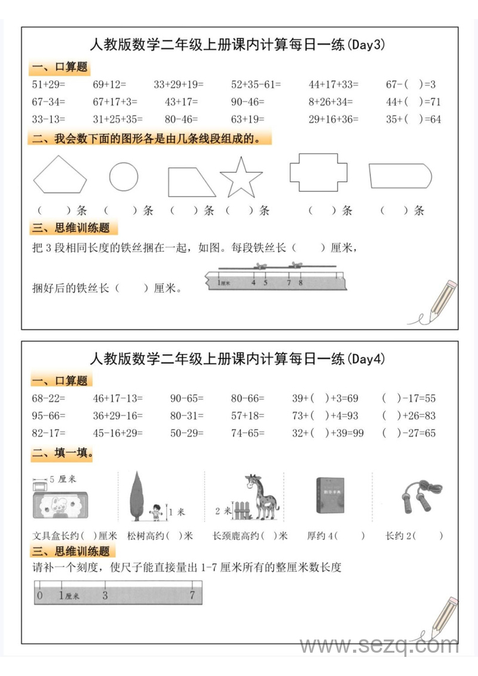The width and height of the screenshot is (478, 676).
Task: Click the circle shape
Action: pyautogui.click(x=124, y=177)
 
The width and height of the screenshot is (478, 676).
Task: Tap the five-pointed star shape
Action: pyautogui.click(x=241, y=178)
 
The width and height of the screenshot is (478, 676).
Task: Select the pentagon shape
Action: pyautogui.click(x=60, y=175)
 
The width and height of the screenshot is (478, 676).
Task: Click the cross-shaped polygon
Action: pyautogui.click(x=318, y=172)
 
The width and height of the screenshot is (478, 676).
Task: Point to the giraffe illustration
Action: pyautogui.click(x=261, y=497)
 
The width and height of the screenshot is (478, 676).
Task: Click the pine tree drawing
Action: pyautogui.click(x=137, y=495)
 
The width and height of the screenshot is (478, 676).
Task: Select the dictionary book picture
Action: pyautogui.click(x=328, y=495)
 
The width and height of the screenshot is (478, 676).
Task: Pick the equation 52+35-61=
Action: pyautogui.click(x=256, y=85)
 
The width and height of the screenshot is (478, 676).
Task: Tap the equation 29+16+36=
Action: pyautogui.click(x=333, y=119)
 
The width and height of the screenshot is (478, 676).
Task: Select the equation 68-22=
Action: pyautogui.click(x=48, y=398)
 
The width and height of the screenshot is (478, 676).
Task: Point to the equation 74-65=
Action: pyautogui.click(x=247, y=433)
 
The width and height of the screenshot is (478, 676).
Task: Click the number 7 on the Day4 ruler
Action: pyautogui.click(x=192, y=595)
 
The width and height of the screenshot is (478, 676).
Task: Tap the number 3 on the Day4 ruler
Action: pyautogui.click(x=105, y=595)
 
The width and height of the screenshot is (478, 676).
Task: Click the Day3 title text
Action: pyautogui.click(x=237, y=44)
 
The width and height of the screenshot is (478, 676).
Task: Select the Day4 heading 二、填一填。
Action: pyautogui.click(x=63, y=454)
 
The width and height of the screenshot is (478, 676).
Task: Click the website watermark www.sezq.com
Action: pyautogui.click(x=379, y=646)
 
